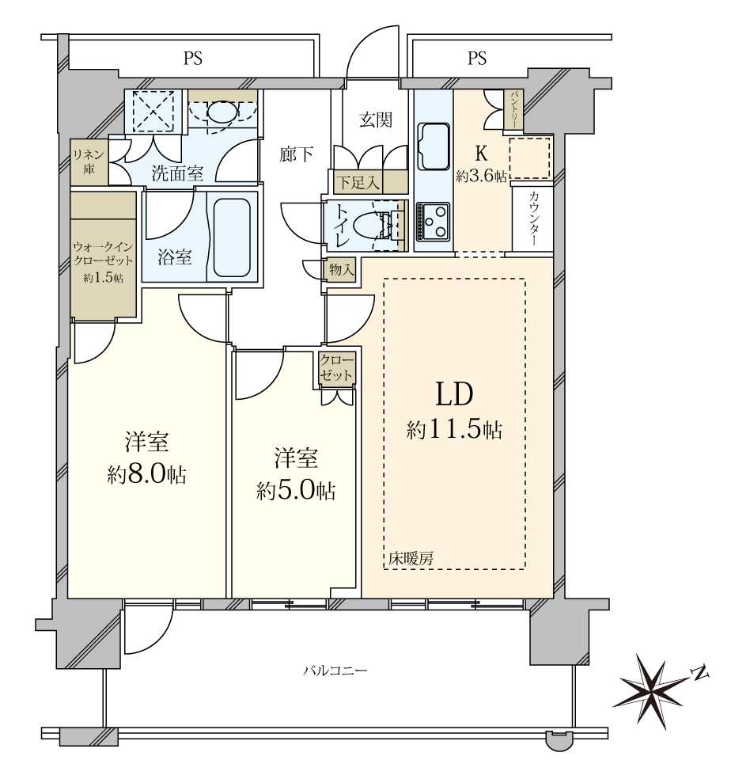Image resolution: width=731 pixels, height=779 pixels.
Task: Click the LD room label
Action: [454, 395]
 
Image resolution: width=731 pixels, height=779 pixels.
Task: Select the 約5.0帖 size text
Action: [296, 491]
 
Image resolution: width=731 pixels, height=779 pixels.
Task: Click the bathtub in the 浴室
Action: [232, 238]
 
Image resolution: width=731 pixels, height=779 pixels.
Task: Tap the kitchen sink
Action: [434, 146]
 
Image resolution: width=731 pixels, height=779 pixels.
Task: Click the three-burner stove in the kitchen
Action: [433, 221]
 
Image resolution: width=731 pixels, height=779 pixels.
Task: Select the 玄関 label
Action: [376, 120]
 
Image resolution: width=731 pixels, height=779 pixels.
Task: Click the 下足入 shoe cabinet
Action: [368, 182]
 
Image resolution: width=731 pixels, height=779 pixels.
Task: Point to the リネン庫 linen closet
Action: [89, 161]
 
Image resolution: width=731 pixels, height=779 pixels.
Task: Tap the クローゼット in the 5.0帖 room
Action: [337, 368]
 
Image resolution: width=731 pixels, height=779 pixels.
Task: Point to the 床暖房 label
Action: [410, 559]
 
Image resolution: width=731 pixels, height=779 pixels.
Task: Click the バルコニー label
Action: [335, 671]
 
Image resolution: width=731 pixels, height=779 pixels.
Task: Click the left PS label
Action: [193, 59]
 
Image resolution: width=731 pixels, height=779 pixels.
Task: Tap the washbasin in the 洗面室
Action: [222, 113]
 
